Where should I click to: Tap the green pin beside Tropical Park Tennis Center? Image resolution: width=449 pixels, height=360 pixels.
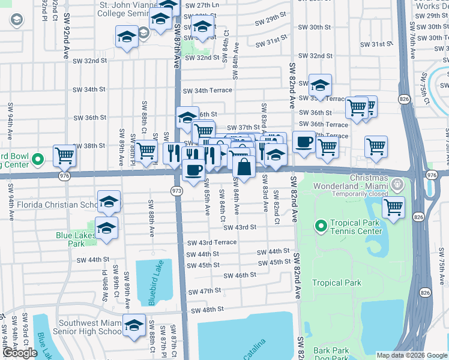[x=321, y=226]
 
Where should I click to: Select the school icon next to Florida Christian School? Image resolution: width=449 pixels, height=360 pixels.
[x=108, y=202]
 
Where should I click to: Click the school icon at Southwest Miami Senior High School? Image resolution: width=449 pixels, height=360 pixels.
[x=134, y=325]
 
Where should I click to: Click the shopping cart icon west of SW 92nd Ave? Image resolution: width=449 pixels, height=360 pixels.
[x=64, y=155]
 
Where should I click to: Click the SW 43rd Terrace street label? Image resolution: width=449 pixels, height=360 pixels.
[x=211, y=242]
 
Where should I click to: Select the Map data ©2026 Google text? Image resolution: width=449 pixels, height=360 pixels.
[x=411, y=355]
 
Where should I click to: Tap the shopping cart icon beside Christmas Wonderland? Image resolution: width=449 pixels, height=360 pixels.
[x=393, y=208]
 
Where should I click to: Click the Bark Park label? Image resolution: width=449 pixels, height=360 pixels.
[x=331, y=350]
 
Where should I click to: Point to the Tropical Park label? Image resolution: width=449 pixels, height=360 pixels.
[x=337, y=283]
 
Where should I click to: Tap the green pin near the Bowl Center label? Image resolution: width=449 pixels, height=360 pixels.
[x=37, y=160]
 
